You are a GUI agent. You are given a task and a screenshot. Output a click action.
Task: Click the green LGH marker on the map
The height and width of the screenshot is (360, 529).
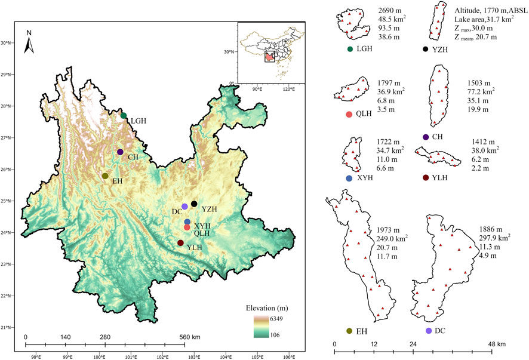124,115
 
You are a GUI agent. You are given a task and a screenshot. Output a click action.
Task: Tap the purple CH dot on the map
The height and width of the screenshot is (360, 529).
120,152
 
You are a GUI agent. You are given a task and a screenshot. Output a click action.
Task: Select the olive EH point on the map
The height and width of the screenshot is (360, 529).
105,176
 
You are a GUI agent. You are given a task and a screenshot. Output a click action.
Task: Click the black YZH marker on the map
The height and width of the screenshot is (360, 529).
194,204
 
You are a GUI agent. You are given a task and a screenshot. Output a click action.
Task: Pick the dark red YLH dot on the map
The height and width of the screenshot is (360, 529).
180,243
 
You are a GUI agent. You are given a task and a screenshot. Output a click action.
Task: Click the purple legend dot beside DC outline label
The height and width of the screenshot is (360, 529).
428,331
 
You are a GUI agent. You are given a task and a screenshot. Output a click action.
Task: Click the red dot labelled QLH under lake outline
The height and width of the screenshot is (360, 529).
349,114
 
